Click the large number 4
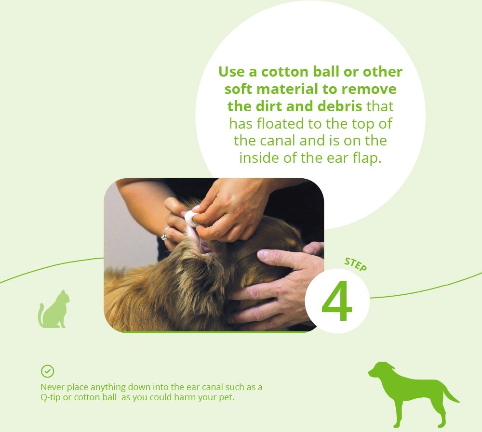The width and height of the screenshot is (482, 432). click(x=336, y=301)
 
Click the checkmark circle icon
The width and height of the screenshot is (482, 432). click(x=47, y=371)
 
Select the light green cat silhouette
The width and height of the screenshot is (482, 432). click(x=54, y=309)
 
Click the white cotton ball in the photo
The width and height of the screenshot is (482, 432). click(x=191, y=219)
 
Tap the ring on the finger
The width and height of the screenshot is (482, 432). click(x=164, y=235)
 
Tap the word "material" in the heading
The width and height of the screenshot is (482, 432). click(x=288, y=89)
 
